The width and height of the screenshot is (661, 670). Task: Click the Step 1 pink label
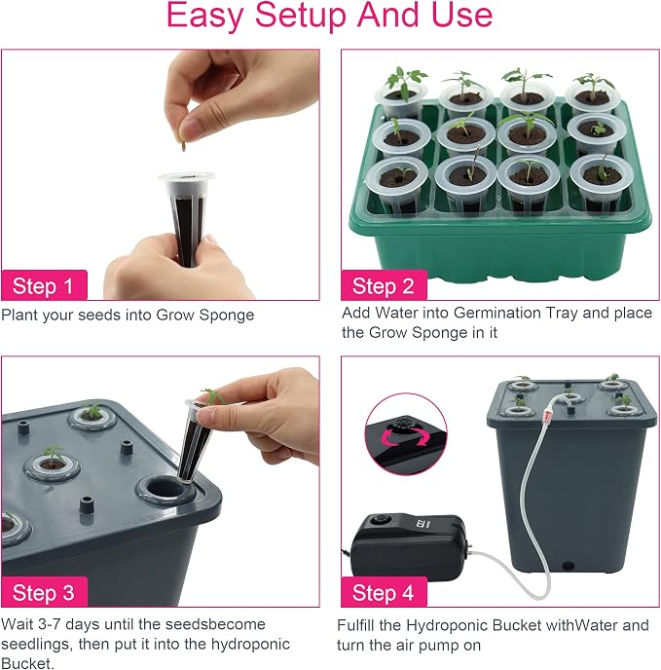coord(45,285)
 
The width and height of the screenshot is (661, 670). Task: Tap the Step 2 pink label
coord(384,285)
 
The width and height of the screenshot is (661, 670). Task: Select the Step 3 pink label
coord(45,592)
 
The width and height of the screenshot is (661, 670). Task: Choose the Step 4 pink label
coord(384,592)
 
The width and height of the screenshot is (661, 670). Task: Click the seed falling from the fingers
coord(185,146)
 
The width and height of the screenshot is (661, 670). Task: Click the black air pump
coord(409,546)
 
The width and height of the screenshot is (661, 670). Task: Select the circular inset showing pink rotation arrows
coord(406,434)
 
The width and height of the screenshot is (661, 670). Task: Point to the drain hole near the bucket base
coord(568,566)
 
